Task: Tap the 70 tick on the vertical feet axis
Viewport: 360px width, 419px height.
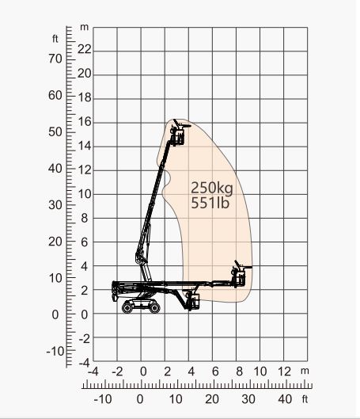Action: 56,59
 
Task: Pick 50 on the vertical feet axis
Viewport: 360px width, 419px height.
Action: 56,131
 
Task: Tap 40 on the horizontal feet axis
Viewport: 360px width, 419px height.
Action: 285,398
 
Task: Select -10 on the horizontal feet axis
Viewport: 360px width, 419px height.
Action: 103,398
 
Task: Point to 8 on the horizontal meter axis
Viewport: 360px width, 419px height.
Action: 239,371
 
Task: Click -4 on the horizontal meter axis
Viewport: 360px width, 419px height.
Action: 93,371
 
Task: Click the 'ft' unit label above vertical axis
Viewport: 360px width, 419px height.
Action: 56,37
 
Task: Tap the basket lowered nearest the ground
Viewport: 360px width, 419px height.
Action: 190,299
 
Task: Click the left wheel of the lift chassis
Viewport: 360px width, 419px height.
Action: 127,307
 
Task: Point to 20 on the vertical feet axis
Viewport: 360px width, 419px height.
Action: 56,242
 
